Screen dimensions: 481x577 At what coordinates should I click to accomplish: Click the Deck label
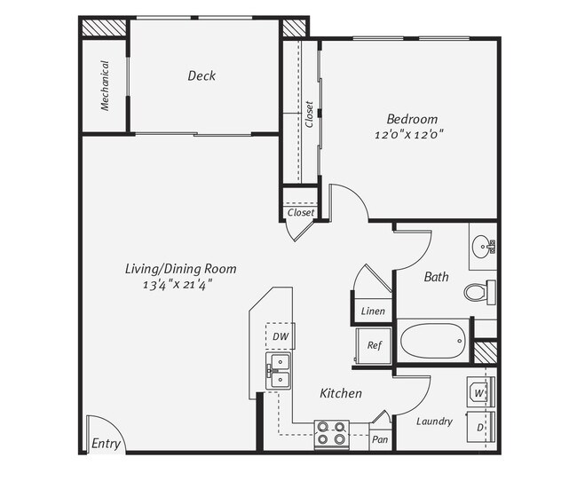202,76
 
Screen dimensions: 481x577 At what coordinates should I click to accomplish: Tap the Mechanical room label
105,85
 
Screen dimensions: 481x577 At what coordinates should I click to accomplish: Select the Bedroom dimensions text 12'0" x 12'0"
411,135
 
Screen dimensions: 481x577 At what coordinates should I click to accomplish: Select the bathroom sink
483,244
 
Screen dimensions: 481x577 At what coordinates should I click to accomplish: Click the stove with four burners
332,433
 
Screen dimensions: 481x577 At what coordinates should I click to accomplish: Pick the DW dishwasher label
280,336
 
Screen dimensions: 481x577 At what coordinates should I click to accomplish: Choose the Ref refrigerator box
374,344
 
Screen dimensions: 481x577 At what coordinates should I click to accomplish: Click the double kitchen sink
279,371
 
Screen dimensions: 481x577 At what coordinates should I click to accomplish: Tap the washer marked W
479,391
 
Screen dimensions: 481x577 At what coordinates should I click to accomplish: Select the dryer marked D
479,428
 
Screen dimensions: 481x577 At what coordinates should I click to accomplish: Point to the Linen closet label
374,311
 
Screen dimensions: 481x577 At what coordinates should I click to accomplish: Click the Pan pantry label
379,439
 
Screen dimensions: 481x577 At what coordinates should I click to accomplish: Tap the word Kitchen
340,392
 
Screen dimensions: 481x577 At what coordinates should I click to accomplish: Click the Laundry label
434,422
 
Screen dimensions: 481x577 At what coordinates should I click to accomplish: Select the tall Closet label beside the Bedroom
309,114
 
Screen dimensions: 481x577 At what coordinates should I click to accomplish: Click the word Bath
436,277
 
